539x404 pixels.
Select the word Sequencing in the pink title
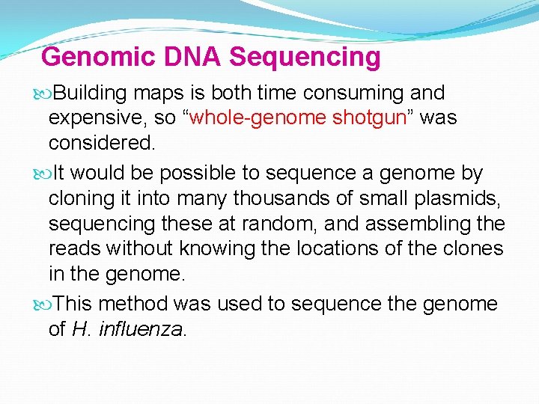pos(305,57)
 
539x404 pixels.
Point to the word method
pos(133,304)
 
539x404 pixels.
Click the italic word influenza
pos(146,329)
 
